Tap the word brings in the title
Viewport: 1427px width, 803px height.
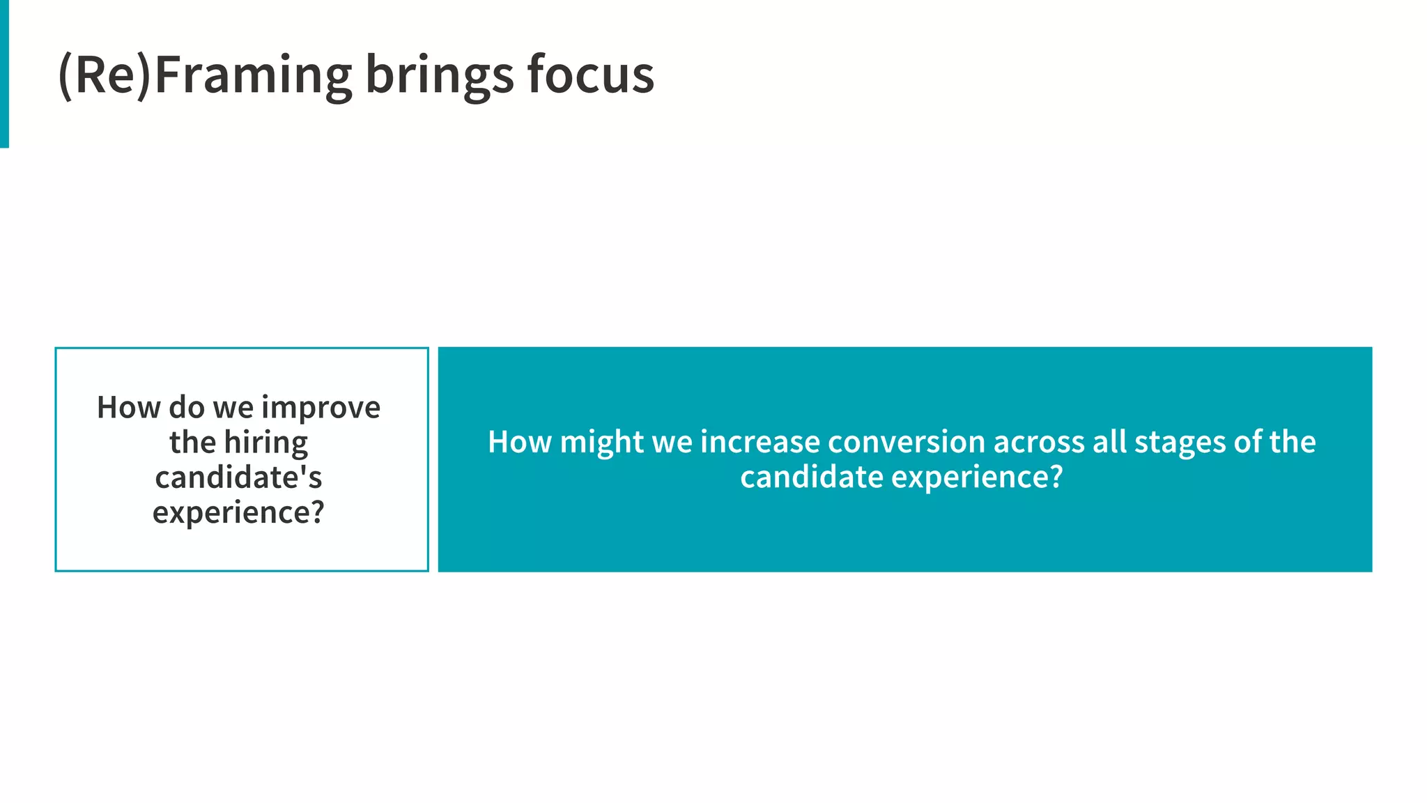(x=439, y=75)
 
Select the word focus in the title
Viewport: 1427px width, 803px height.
(x=590, y=75)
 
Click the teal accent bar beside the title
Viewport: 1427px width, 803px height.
(x=4, y=73)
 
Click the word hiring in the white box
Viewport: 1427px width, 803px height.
(x=266, y=443)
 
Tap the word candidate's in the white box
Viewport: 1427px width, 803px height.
(x=238, y=478)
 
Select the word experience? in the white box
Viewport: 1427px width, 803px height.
(x=238, y=513)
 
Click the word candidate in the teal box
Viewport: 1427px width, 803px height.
(x=812, y=478)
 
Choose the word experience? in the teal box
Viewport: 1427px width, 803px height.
(x=977, y=478)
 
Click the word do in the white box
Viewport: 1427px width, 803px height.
(x=186, y=408)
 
